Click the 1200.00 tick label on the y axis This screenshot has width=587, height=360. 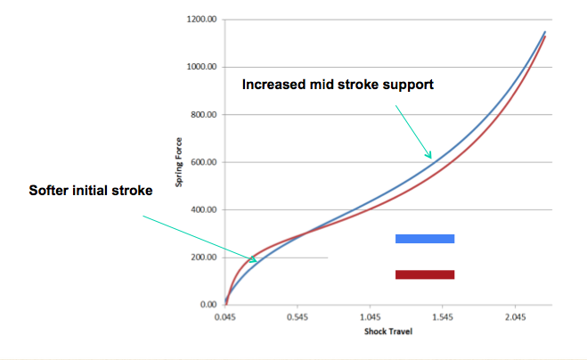tap(201, 19)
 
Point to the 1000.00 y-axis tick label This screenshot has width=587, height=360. tap(201, 67)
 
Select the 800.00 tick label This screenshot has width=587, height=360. tap(204, 115)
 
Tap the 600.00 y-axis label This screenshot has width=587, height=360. tap(204, 162)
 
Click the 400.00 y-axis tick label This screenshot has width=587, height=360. tap(204, 209)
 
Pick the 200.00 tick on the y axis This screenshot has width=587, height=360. tap(204, 258)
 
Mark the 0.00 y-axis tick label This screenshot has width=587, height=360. tap(208, 305)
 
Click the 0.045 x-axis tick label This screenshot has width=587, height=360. tap(225, 317)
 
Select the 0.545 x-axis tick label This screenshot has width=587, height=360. tap(298, 317)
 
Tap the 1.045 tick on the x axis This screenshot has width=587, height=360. tap(371, 317)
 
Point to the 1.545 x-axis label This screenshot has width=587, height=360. tap(443, 317)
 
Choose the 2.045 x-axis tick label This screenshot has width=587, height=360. tap(515, 317)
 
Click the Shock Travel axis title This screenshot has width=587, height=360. tap(388, 331)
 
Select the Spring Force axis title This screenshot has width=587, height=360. tap(179, 162)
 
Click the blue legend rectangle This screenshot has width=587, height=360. tap(425, 239)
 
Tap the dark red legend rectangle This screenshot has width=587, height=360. tap(425, 274)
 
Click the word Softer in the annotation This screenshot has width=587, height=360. tap(49, 191)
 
